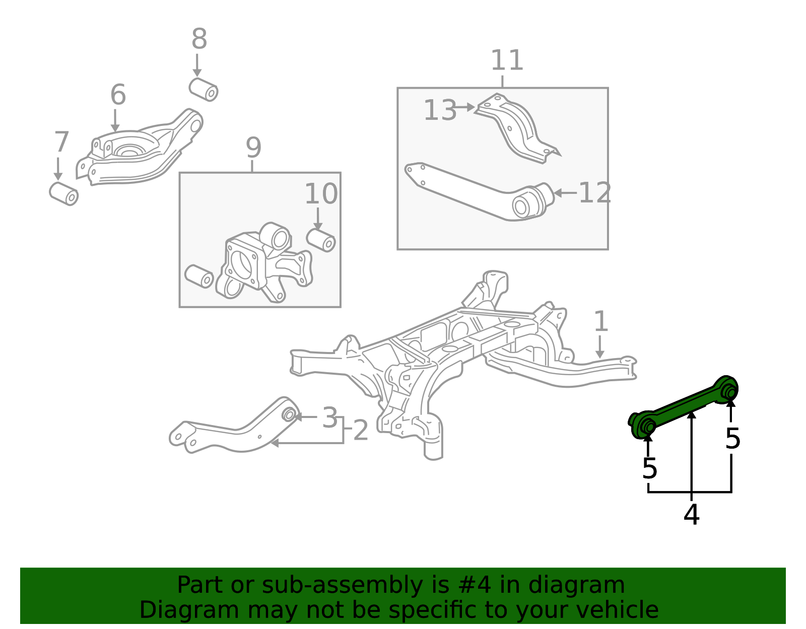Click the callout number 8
click(199, 39)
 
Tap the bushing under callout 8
click(203, 89)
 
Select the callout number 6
click(118, 95)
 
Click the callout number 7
click(61, 142)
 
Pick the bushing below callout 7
click(63, 193)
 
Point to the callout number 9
click(254, 148)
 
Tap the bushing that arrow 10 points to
click(321, 240)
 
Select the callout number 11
click(507, 60)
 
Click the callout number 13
click(440, 110)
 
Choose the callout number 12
click(594, 193)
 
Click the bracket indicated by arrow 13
click(518, 128)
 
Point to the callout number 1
click(601, 321)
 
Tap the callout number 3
click(330, 417)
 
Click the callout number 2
click(361, 430)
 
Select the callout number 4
click(691, 515)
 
